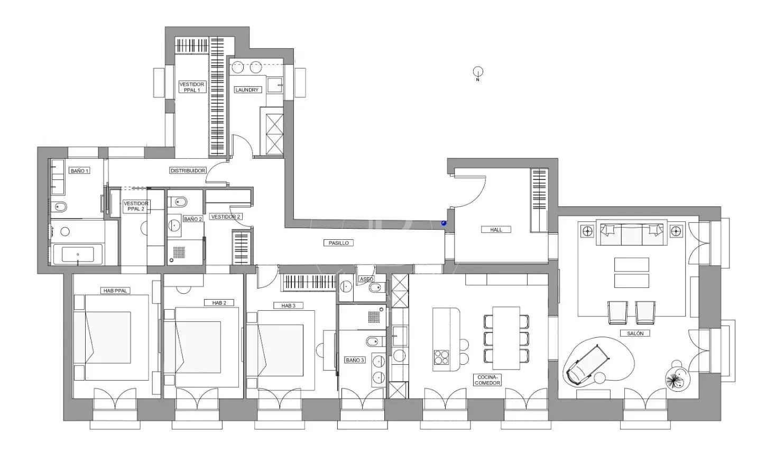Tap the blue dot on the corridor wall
pyautogui.click(x=444, y=223)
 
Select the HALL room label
pyautogui.click(x=496, y=229)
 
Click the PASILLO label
pyautogui.click(x=338, y=243)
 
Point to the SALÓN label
pyautogui.click(x=635, y=333)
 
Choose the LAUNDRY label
pyautogui.click(x=247, y=89)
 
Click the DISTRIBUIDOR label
pyautogui.click(x=188, y=170)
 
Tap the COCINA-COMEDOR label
pyautogui.click(x=487, y=380)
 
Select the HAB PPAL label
pyautogui.click(x=115, y=291)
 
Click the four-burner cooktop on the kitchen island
pyautogui.click(x=441, y=357)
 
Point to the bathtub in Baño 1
pyautogui.click(x=78, y=254)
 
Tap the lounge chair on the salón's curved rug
pyautogui.click(x=587, y=365)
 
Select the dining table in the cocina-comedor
pyautogui.click(x=506, y=338)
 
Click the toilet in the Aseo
pyautogui.click(x=376, y=287)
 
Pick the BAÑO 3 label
pyautogui.click(x=355, y=360)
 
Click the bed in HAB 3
pyautogui.click(x=280, y=350)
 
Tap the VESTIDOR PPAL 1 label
pyautogui.click(x=192, y=87)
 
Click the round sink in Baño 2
pyautogui.click(x=174, y=226)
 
